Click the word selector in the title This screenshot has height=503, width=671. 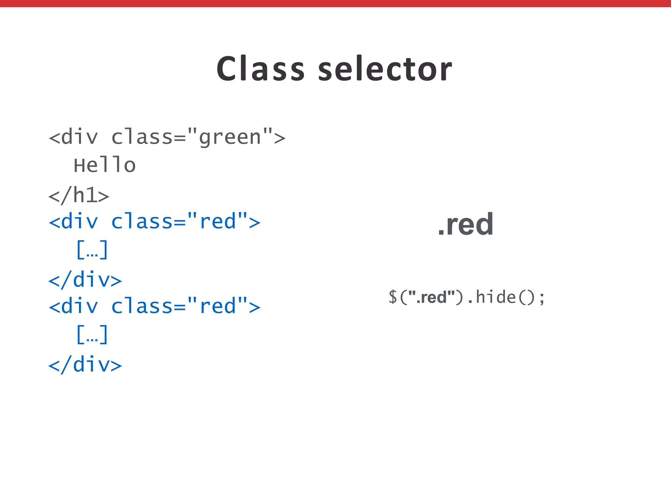(385, 69)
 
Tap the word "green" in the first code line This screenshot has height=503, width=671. (230, 137)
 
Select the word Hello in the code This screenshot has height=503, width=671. (105, 165)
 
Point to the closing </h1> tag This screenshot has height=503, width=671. (79, 196)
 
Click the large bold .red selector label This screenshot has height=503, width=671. (466, 224)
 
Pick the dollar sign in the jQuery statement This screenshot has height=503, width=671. (393, 297)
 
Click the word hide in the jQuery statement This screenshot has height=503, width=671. (496, 297)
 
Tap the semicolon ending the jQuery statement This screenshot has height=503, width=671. (542, 298)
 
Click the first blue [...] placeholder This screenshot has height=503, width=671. (92, 250)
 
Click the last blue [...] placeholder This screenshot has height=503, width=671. (92, 334)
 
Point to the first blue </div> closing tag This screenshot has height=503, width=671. (85, 280)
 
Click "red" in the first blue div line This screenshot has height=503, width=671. (218, 222)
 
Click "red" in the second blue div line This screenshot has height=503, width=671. (218, 306)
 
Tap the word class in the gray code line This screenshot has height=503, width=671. (142, 137)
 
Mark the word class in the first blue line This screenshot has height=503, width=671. (142, 222)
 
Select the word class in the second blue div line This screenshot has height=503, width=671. (142, 306)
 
